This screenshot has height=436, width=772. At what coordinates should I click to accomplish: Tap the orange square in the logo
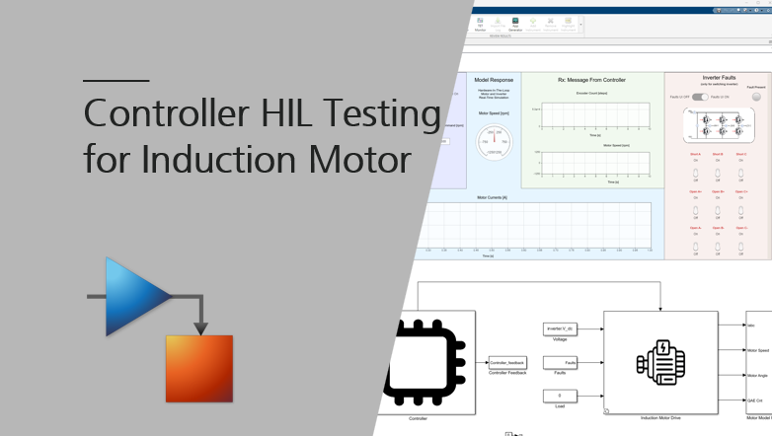[198, 369]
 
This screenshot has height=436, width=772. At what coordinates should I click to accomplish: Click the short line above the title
[116, 80]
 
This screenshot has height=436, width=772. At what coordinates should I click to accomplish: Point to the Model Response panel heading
[494, 79]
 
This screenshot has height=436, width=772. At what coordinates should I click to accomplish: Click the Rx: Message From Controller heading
[591, 79]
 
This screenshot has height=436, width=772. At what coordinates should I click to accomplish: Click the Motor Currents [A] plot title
[491, 197]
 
